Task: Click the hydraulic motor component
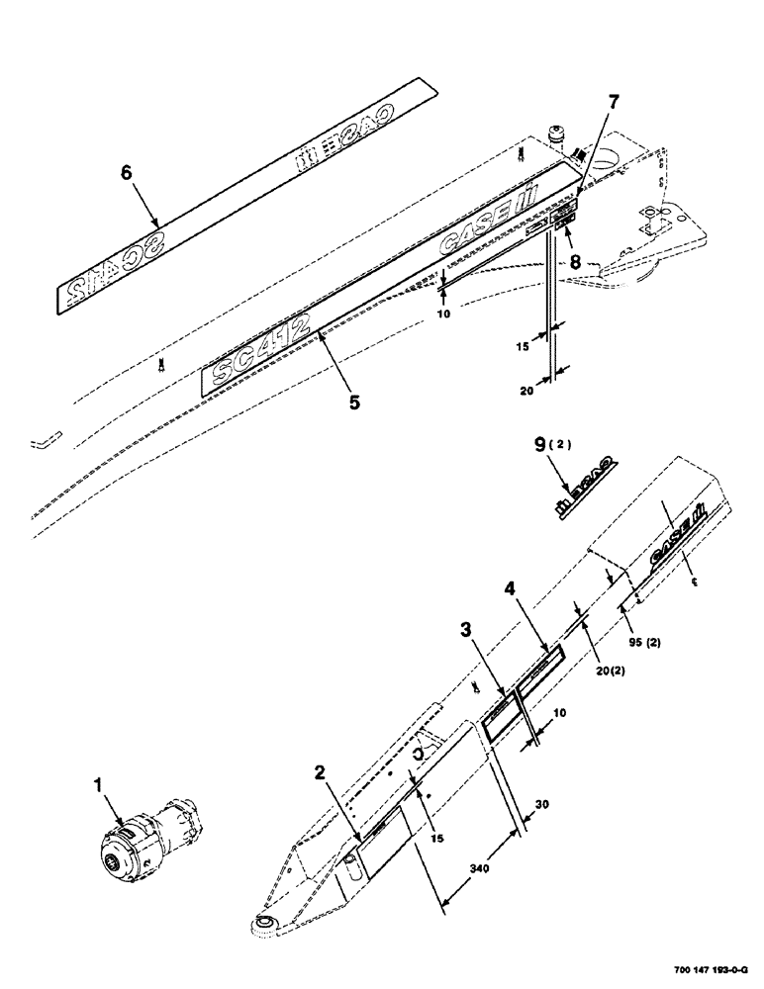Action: tap(148, 841)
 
